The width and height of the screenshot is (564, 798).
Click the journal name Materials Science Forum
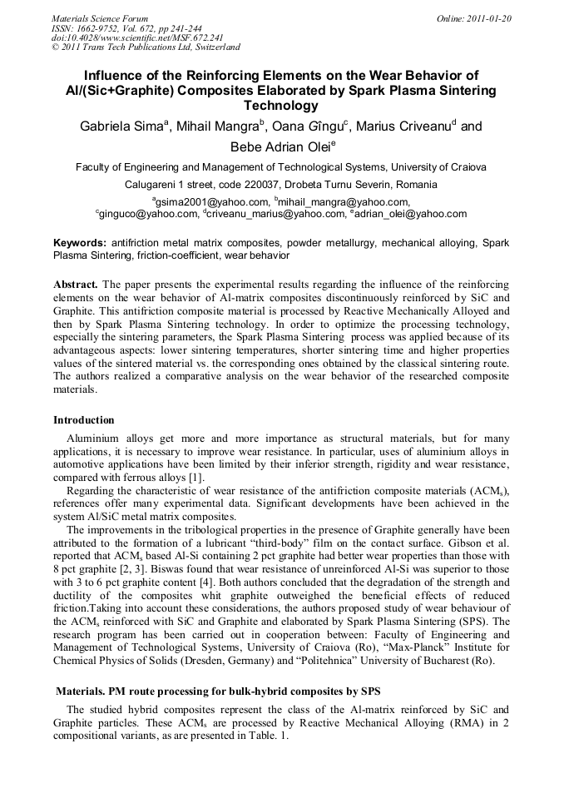click(x=100, y=17)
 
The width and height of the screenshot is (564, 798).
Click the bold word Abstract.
click(x=76, y=284)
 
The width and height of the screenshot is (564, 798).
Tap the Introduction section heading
click(x=84, y=420)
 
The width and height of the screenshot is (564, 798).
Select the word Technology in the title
click(x=281, y=106)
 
